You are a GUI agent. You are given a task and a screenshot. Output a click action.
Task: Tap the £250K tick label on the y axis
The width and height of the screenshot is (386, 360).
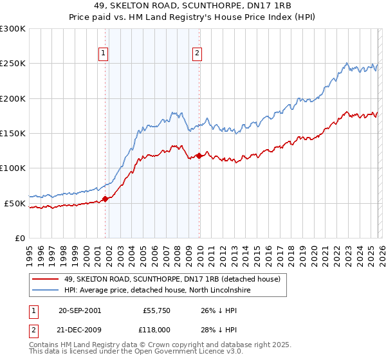coord(13,64)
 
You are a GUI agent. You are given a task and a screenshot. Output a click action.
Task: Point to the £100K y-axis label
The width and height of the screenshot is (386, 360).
coord(13,168)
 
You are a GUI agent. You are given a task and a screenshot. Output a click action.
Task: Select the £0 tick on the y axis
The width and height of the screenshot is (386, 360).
coord(21,238)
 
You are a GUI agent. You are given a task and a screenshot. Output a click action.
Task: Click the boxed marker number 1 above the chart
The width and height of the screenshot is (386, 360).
coord(103,54)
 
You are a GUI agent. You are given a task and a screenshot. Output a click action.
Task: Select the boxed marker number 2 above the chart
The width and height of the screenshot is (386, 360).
coord(197,54)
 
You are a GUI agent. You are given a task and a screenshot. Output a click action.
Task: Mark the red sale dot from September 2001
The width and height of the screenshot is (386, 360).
coord(106,199)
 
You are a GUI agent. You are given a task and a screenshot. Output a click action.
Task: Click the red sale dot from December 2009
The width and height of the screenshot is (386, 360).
coord(199,156)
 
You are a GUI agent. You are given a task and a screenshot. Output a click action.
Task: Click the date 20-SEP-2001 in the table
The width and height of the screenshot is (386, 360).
coord(80,310)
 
